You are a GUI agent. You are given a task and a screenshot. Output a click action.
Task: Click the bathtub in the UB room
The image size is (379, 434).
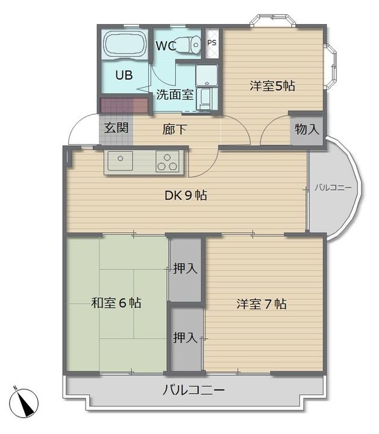(x=125, y=45)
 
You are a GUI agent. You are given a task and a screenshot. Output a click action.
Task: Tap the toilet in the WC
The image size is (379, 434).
(x=189, y=44)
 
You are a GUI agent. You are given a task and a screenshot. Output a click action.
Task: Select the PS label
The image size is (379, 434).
(x=212, y=43)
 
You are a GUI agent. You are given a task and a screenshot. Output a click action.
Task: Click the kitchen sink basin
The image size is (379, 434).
(x=120, y=160)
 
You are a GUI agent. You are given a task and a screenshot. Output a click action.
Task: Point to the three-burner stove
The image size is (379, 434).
(x=167, y=162)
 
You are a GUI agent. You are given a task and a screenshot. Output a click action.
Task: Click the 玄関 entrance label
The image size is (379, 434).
(x=116, y=128)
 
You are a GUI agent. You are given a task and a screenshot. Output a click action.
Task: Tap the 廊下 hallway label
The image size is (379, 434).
(x=175, y=129)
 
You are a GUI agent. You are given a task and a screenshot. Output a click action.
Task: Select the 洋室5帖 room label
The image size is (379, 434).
(x=272, y=86)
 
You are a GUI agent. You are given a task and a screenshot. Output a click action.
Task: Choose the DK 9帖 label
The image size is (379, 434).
(x=186, y=195)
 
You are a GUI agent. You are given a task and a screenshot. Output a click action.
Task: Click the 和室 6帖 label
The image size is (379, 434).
(x=116, y=303)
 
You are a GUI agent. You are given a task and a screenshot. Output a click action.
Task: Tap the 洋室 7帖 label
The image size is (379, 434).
(x=262, y=304)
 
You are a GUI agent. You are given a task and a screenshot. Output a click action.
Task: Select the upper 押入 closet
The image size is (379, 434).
(x=185, y=269)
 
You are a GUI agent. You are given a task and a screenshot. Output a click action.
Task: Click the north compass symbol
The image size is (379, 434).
(x=23, y=402)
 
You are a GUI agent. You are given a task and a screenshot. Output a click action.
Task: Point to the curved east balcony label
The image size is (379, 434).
(x=333, y=188)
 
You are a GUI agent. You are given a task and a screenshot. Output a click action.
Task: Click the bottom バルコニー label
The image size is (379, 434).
(x=193, y=391)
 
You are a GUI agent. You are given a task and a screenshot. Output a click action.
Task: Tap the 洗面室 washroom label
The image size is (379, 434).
(x=175, y=95)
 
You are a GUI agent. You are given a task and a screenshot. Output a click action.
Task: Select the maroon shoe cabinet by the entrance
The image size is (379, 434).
(x=124, y=105)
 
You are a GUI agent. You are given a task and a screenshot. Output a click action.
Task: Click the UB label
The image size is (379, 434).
(x=124, y=75)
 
